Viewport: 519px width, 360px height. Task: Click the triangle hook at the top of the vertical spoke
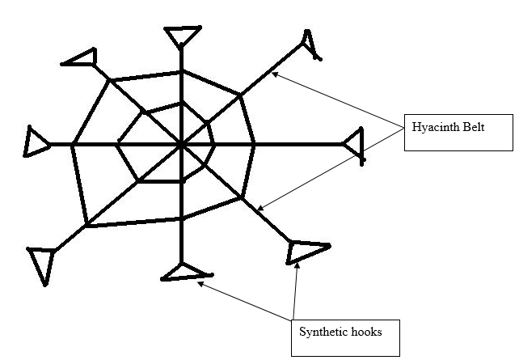coord(182,36)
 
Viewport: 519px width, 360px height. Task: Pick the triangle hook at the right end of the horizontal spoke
coord(355,146)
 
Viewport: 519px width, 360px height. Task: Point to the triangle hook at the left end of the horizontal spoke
coord(36,142)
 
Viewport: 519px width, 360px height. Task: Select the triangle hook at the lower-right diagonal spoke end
coord(306,250)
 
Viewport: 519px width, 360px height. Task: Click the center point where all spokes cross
coord(181,146)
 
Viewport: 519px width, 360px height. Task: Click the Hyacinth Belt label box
coord(458,133)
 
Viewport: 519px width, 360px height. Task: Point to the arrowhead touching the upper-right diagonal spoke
coord(275,74)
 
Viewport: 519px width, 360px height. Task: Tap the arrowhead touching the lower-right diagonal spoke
coord(260,210)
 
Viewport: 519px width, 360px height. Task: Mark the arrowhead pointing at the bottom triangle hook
coord(199,282)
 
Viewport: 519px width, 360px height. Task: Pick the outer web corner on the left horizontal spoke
coord(73,145)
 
